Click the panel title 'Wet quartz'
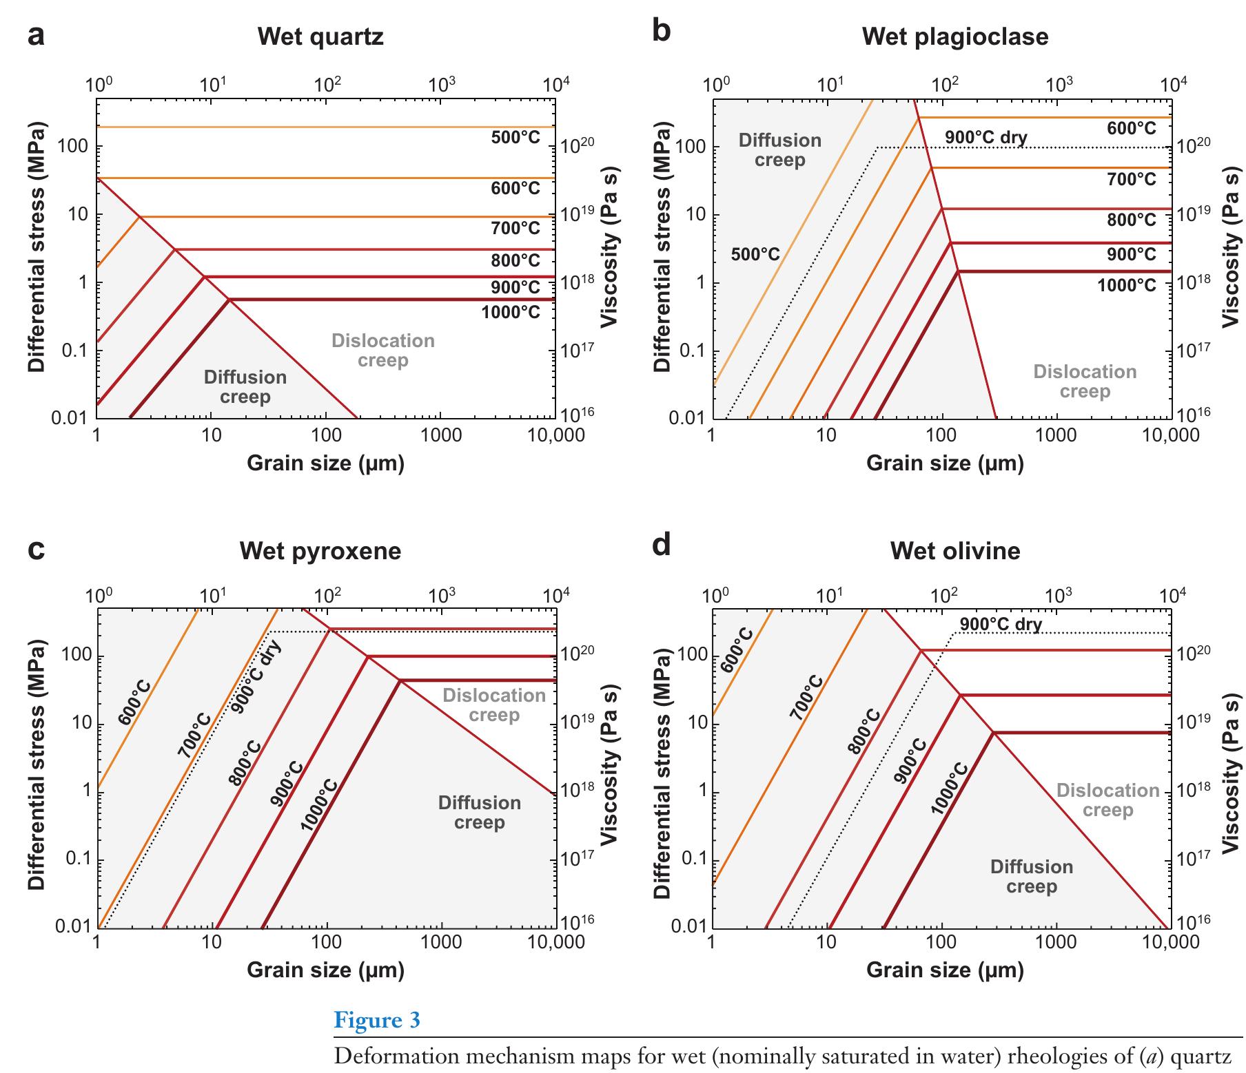point(320,36)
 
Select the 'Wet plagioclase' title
point(955,36)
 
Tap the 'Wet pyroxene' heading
point(320,551)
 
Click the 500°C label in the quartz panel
point(515,138)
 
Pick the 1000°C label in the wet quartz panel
point(511,313)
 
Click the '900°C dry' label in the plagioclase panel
point(985,137)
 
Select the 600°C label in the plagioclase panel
point(1132,129)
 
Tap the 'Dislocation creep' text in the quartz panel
point(383,351)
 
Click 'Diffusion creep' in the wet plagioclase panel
point(780,150)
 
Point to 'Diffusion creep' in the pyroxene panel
point(480,813)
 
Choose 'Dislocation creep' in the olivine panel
point(1108,800)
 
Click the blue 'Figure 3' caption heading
point(377,1019)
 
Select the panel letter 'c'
point(37,550)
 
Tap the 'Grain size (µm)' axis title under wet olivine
point(945,970)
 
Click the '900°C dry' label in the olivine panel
point(1001,625)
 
